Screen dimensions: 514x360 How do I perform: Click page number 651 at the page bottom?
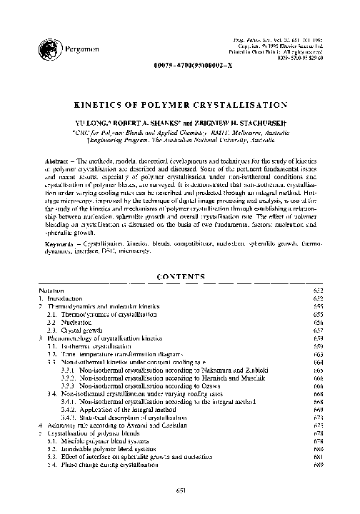[x=181, y=490]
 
